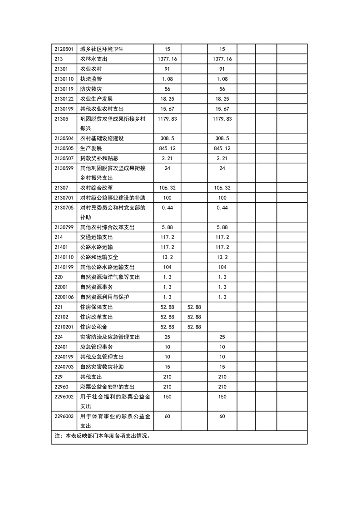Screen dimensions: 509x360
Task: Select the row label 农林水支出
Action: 94,59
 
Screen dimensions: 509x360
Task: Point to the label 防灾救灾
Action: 91,89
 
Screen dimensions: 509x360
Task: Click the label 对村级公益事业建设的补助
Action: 113,198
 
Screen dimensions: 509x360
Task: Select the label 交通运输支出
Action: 96,237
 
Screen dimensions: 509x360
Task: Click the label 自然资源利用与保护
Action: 104,297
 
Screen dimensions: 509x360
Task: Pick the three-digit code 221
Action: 58,307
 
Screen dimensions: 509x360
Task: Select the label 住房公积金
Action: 94,327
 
